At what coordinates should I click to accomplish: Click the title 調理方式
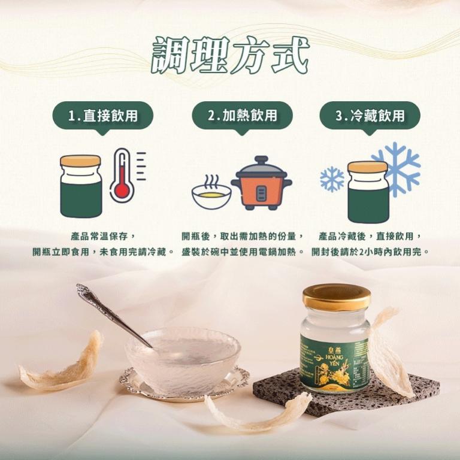click(x=230, y=56)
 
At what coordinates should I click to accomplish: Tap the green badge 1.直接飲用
click(x=102, y=116)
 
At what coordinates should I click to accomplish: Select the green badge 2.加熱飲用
click(x=242, y=116)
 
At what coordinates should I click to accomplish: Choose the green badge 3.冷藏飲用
click(x=370, y=116)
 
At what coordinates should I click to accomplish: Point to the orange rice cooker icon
click(x=261, y=183)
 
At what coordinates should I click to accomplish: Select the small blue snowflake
click(x=332, y=179)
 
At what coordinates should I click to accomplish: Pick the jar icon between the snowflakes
click(x=368, y=192)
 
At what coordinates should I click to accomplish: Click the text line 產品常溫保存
click(x=102, y=237)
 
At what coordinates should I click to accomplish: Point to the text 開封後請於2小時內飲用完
click(x=370, y=252)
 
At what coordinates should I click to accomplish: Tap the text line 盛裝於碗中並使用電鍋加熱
click(x=242, y=252)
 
